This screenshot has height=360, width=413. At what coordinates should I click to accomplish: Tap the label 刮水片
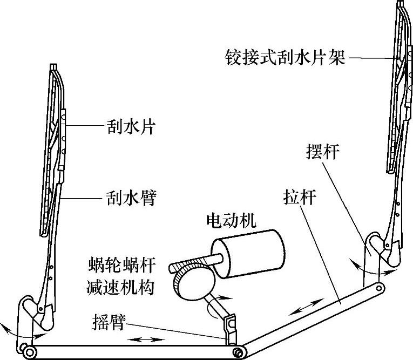pyautogui.click(x=129, y=127)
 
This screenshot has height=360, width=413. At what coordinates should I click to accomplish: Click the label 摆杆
pyautogui.click(x=322, y=152)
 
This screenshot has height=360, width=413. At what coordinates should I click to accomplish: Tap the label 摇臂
pyautogui.click(x=109, y=323)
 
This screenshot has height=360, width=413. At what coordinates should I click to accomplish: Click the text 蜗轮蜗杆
pyautogui.click(x=121, y=266)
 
